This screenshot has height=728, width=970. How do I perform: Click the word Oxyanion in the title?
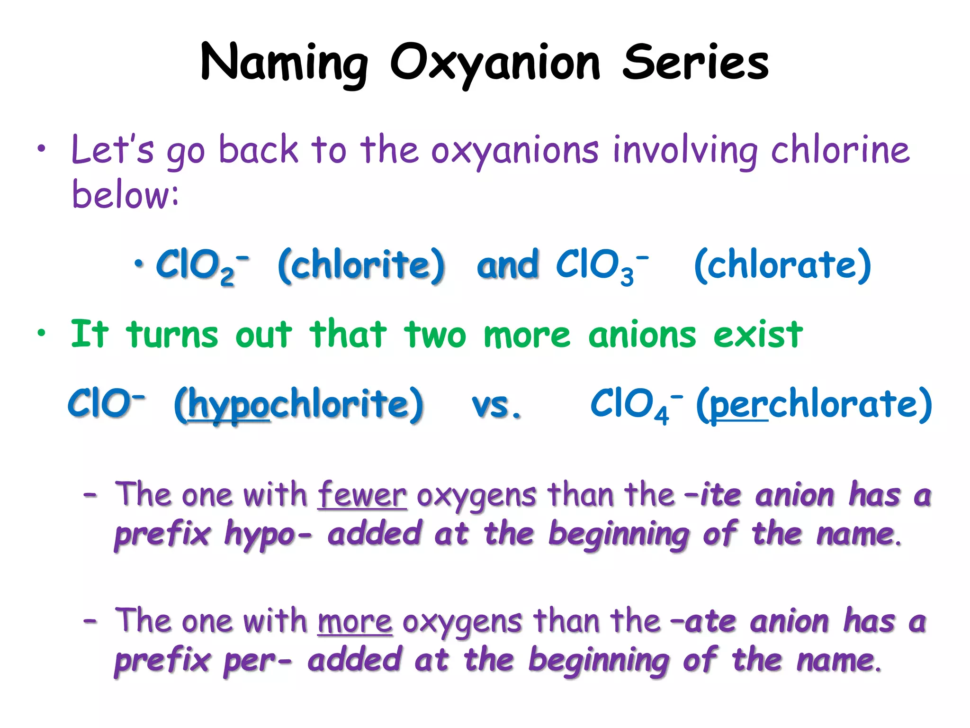point(495,63)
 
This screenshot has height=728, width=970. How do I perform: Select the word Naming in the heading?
point(284,63)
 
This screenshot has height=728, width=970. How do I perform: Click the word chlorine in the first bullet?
point(840,150)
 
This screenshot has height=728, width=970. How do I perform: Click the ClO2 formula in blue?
point(201,265)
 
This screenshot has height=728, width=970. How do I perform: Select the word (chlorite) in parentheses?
point(361,265)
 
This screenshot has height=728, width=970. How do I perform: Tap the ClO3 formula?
point(601,265)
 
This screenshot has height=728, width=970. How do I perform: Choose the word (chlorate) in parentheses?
point(782,265)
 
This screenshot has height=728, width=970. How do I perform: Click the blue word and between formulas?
point(508,265)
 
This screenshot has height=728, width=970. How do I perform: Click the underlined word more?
point(355,621)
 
